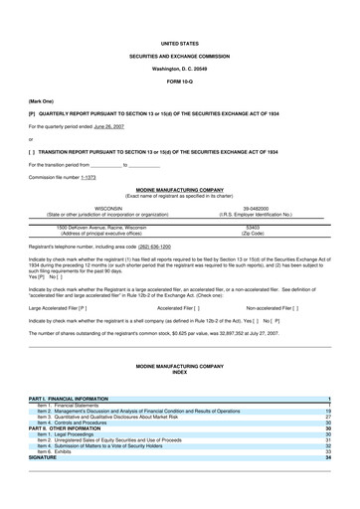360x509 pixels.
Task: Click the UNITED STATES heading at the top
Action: (179, 17)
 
